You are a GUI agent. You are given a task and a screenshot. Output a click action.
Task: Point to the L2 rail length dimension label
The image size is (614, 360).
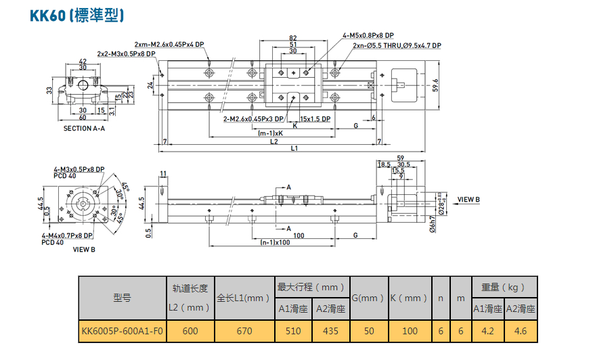point(273,141)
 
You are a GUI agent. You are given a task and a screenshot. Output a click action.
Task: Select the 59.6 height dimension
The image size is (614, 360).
point(437,85)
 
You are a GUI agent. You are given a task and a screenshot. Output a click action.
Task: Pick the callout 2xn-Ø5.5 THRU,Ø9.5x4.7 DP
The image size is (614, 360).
point(397,45)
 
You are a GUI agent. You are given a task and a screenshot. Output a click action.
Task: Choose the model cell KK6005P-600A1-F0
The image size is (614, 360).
point(122,331)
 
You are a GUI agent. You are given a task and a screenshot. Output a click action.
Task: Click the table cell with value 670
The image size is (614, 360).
point(244,331)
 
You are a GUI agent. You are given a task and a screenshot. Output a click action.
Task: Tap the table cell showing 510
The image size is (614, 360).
point(292,331)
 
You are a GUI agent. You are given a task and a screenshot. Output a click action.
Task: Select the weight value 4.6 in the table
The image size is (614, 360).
point(521,331)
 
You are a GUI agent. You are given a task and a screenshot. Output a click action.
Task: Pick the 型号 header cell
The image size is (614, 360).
point(123,298)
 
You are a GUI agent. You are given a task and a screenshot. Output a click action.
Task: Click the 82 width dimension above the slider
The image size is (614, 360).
point(292,38)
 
